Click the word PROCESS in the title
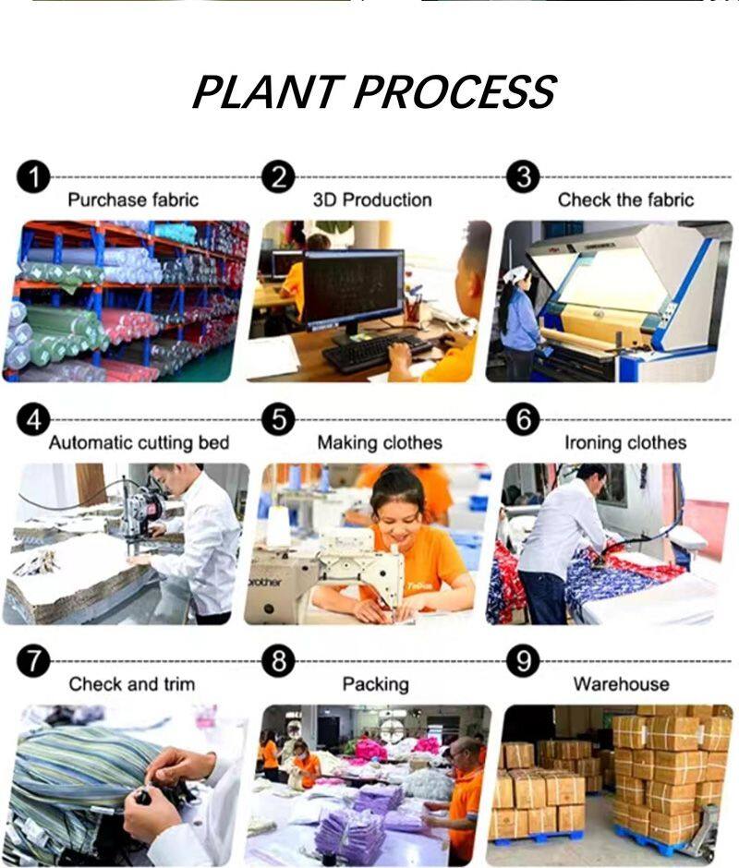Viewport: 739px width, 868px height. (454, 91)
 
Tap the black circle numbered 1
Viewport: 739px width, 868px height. (33, 178)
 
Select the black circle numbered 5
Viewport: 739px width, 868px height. (279, 419)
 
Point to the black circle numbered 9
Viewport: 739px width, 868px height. (523, 661)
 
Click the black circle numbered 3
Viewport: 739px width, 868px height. (523, 177)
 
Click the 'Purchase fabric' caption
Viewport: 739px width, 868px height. (133, 199)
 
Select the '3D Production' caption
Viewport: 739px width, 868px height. (372, 199)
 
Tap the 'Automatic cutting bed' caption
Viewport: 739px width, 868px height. (139, 442)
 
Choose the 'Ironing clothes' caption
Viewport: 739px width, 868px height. (625, 442)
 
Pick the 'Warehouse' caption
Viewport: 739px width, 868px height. (622, 684)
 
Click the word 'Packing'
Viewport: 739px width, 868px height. (376, 684)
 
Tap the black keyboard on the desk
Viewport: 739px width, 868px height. (377, 351)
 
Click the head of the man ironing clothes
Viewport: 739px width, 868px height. (590, 476)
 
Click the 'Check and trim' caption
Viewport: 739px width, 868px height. (132, 684)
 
